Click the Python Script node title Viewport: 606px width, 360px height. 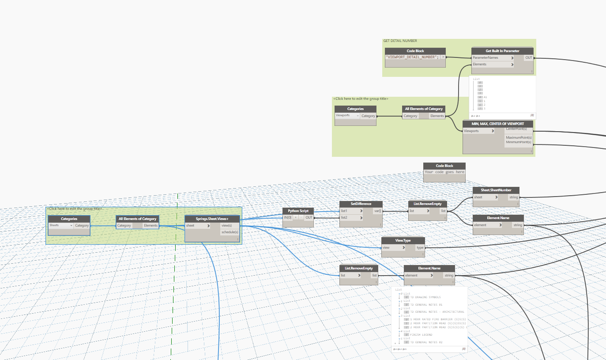[298, 211]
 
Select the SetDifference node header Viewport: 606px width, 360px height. [361, 204]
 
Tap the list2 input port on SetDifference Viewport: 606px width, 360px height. [351, 218]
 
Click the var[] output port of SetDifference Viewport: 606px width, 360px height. [378, 211]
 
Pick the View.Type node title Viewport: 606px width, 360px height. [403, 241]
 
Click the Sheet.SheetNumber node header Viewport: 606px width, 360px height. [496, 190]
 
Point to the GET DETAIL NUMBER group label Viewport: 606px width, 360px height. [400, 41]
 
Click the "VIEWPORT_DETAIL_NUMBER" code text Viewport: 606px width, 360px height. [412, 57]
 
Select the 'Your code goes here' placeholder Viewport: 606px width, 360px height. [444, 172]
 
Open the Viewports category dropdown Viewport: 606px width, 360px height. [347, 116]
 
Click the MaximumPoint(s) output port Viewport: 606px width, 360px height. [519, 137]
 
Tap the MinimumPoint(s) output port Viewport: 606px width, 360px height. [519, 142]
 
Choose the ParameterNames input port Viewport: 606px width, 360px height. [493, 57]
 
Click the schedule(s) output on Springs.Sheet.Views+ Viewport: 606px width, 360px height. [230, 232]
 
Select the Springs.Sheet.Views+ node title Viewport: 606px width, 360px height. [212, 219]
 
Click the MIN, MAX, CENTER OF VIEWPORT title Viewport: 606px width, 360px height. [498, 124]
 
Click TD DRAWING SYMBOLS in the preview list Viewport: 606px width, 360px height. [425, 297]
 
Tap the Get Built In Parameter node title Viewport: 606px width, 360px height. [502, 51]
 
